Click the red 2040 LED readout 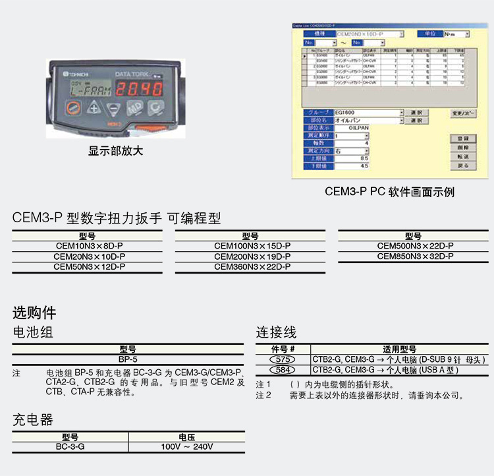(142, 90)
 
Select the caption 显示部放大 (115, 151)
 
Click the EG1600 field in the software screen (368, 113)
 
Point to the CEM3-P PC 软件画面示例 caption (389, 192)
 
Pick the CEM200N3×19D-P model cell (252, 256)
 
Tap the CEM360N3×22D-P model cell (252, 267)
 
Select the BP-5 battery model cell (128, 360)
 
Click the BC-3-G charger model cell (70, 446)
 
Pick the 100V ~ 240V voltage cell (187, 446)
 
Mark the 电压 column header (187, 436)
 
